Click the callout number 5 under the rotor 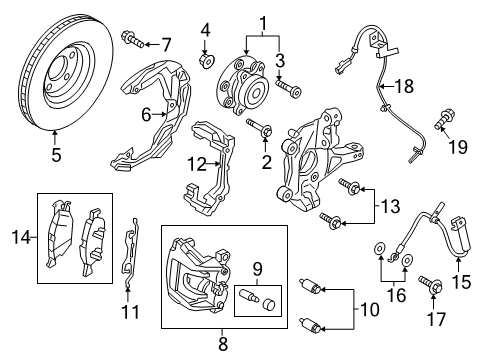tap(56, 154)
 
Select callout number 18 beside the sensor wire tap(403, 89)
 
